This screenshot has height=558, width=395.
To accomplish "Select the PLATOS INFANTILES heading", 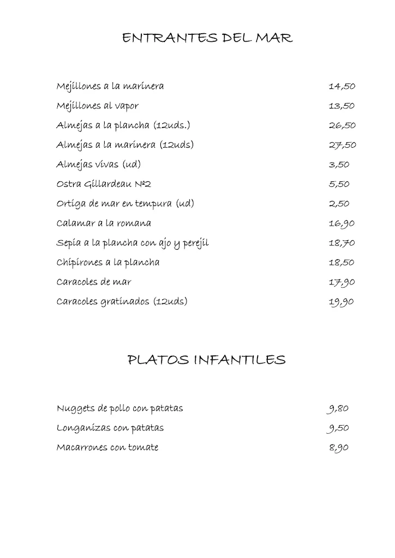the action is [206, 360].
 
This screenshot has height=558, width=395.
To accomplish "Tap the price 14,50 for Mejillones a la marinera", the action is [342, 86].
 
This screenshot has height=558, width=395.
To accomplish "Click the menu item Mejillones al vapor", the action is [98, 106].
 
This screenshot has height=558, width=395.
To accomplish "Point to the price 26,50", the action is [342, 125].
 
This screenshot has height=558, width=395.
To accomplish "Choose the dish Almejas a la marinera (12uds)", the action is [125, 145].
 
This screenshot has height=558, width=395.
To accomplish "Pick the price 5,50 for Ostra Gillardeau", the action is [339, 184].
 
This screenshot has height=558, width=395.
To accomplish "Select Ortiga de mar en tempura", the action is [125, 204].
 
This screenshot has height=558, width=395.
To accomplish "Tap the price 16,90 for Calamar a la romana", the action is [342, 223].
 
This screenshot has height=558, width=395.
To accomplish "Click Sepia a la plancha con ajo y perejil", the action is [133, 243].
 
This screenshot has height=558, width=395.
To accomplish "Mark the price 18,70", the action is [342, 243].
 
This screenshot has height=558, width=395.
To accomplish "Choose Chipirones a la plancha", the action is [108, 263].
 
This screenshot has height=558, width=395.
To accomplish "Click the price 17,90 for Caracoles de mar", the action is [342, 282].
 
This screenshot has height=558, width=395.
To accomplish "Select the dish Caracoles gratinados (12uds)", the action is [122, 301].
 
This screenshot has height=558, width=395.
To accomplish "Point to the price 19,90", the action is [342, 302].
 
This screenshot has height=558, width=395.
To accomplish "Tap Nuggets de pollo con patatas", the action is [119, 409].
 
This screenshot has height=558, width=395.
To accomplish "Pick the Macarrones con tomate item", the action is [107, 448].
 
